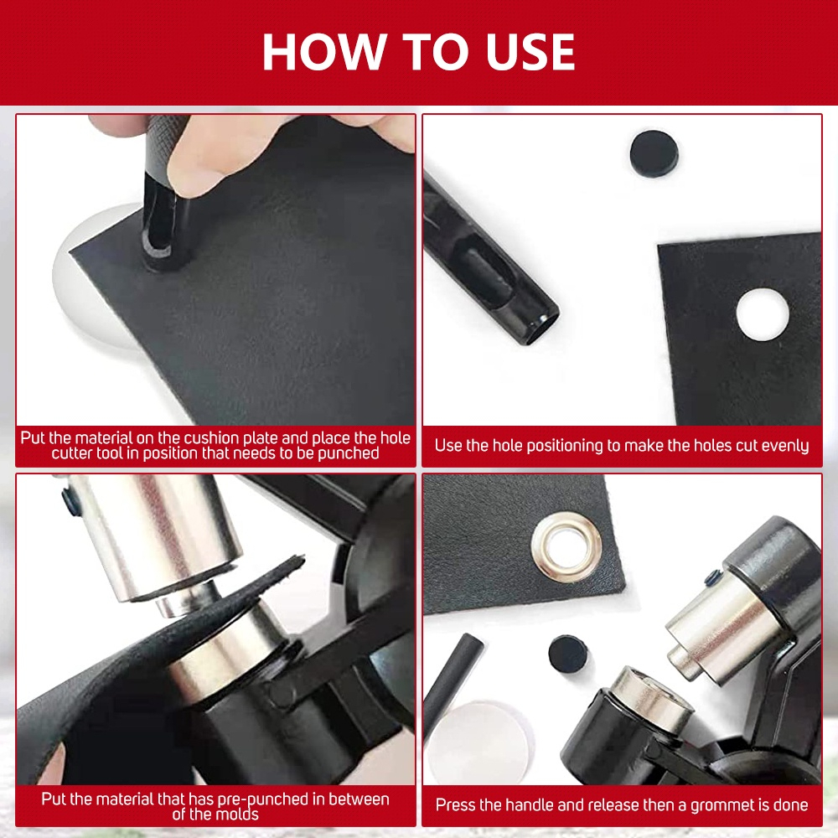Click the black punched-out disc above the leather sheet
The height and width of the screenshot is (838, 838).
point(654,153)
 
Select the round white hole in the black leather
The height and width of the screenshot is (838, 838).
point(763,314)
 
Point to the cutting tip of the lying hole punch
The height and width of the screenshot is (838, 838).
point(541,327)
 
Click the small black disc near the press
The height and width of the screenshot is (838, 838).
point(568,654)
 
